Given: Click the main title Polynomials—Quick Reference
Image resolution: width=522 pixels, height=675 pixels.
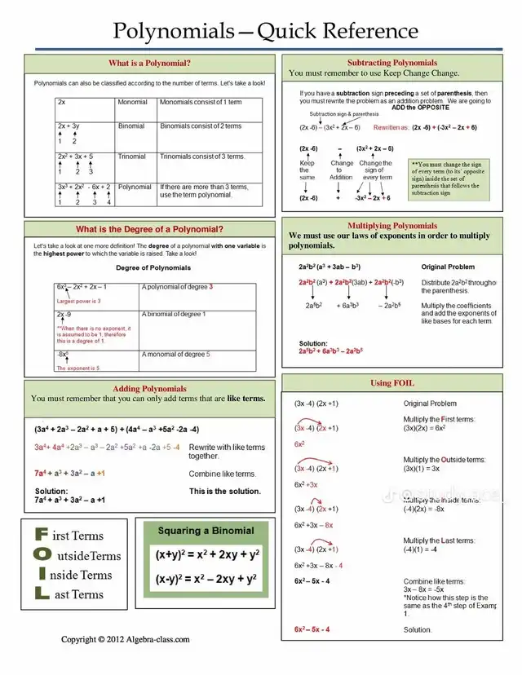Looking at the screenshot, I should coord(265,32).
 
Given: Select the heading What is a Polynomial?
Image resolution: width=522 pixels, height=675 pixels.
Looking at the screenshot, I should coord(149,63).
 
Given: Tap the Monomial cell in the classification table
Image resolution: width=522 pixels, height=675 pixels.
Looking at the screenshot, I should coord(132,103).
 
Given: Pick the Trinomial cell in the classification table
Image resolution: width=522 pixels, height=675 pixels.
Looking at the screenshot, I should coord(132,157).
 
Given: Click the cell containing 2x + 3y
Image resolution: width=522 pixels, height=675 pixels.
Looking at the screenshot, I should coord(69,126).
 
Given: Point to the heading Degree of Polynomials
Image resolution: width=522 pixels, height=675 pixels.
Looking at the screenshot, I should coord(153,267).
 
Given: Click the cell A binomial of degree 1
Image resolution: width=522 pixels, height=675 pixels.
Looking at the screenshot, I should coord(175,315).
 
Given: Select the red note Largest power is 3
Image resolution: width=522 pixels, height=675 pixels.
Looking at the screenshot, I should coord(79,301).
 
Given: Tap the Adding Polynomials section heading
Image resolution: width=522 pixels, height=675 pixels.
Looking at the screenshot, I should coord(149,389).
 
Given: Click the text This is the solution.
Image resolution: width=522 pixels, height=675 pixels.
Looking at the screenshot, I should coord(225,492).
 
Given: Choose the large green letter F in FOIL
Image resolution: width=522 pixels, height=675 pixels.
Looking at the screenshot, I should coord(40,535).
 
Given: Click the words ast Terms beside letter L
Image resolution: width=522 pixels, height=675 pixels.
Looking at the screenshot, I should coord(78,594).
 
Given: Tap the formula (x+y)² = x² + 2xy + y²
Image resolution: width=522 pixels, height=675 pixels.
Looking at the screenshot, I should coord(206,555).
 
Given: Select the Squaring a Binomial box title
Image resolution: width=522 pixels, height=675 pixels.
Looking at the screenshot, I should coord(206,531).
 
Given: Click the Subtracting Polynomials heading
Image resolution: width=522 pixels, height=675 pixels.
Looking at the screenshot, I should coord(392,63).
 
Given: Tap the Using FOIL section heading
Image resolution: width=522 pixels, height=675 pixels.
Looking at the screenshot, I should coord(392,383).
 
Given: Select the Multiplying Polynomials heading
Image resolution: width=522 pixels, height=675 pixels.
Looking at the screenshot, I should coord(392,226).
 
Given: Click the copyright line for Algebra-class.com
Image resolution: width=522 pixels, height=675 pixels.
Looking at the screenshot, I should coord(126,639).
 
